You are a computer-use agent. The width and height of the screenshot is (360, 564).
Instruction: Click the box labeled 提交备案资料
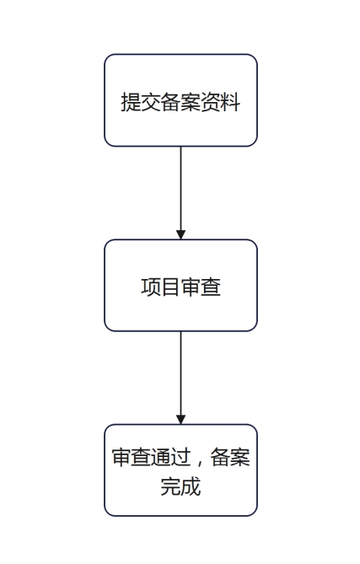(180, 100)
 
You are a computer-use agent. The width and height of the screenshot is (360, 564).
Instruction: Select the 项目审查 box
(180, 285)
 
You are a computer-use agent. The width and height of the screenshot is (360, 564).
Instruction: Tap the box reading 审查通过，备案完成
(180, 470)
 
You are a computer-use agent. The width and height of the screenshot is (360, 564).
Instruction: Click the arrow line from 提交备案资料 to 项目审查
(180, 193)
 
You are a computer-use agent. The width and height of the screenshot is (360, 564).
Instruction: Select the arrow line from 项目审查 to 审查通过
(180, 378)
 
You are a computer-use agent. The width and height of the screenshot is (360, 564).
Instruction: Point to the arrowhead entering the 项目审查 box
(180, 234)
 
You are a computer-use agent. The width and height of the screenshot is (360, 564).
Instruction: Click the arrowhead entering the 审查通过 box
(180, 419)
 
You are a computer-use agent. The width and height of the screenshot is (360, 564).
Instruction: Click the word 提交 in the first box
(140, 102)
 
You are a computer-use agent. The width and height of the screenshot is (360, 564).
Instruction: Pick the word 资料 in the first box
(220, 102)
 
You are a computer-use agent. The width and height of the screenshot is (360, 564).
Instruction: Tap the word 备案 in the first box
(180, 102)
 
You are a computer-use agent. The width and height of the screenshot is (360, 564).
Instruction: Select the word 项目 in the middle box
(160, 287)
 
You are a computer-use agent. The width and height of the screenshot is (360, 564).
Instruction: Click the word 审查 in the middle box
(201, 287)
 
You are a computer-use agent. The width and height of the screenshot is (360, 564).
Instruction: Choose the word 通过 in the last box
(171, 458)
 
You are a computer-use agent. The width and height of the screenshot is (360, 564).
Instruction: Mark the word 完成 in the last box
(180, 486)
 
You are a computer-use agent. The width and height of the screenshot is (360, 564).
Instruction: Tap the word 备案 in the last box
(230, 458)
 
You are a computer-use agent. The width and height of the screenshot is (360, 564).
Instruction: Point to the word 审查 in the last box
(132, 458)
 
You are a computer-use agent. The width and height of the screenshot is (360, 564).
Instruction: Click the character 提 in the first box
(131, 102)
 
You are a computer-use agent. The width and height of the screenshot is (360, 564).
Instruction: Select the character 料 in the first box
(230, 102)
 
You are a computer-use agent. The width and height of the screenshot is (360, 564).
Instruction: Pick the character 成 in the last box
(191, 486)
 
